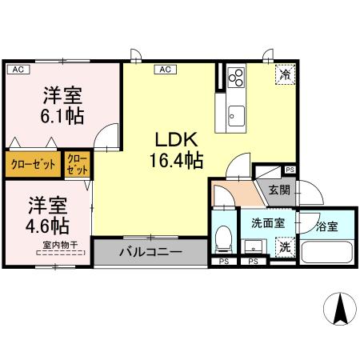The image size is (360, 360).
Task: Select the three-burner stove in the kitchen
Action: pos(237,78)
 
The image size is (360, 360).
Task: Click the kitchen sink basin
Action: pos(236,113)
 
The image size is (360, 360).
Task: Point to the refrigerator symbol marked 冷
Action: pos(285,74)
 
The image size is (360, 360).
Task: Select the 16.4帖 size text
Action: pos(174,160)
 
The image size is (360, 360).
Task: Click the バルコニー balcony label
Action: pos(151,252)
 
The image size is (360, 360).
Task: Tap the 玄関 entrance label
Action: pos(278,190)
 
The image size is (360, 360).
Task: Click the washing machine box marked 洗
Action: pos(284,248)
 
